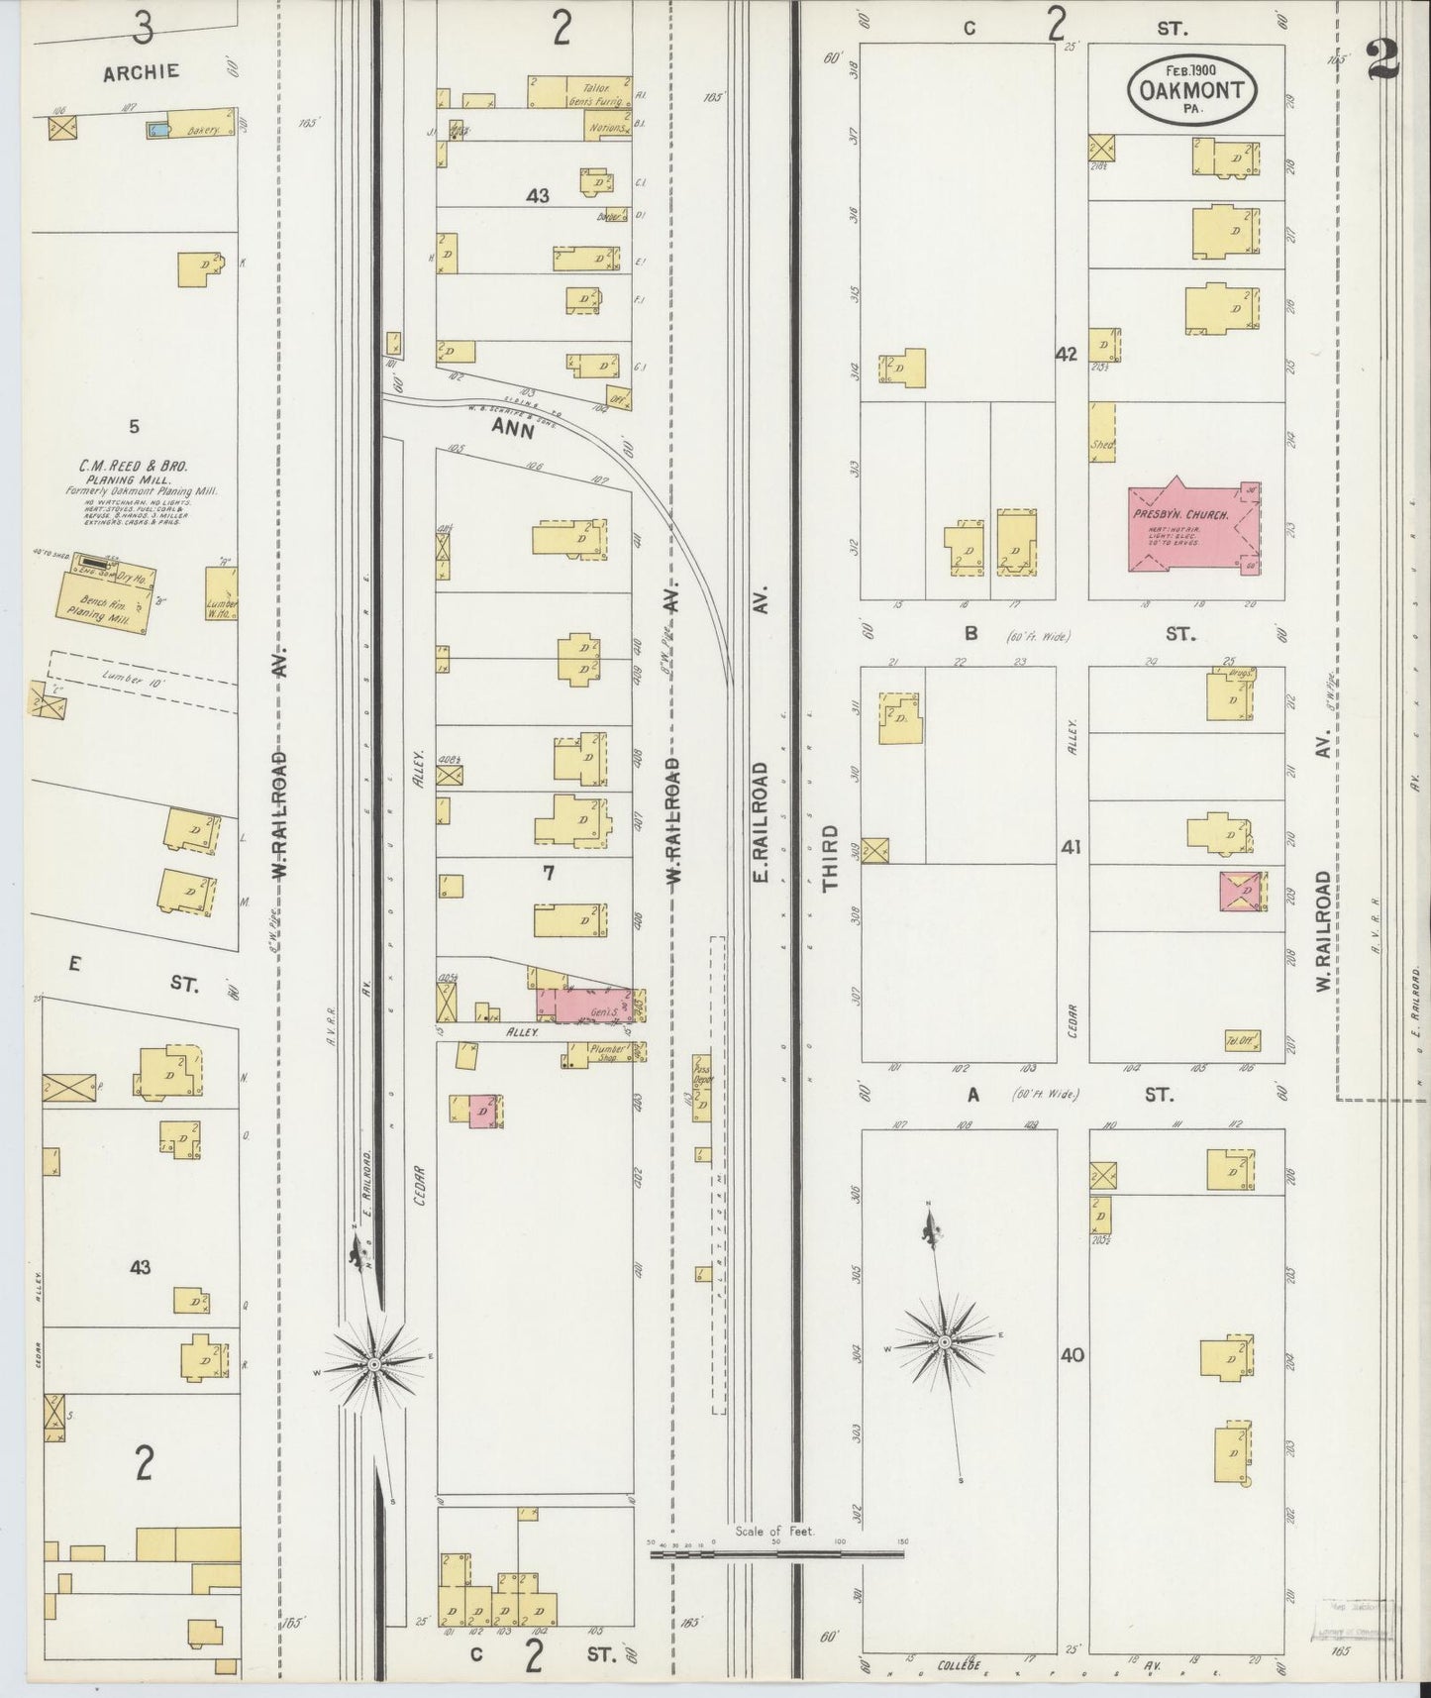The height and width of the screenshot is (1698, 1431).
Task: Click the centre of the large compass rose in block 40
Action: [945, 1341]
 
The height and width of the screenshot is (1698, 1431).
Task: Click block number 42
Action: [1066, 355]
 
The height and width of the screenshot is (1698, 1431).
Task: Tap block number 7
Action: [547, 873]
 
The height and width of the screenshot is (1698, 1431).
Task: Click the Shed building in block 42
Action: [1101, 432]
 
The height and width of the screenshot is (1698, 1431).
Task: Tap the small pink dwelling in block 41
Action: [1242, 892]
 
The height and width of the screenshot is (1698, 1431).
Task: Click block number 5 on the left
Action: [134, 427]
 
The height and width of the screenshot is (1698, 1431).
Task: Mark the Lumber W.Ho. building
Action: [220, 594]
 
